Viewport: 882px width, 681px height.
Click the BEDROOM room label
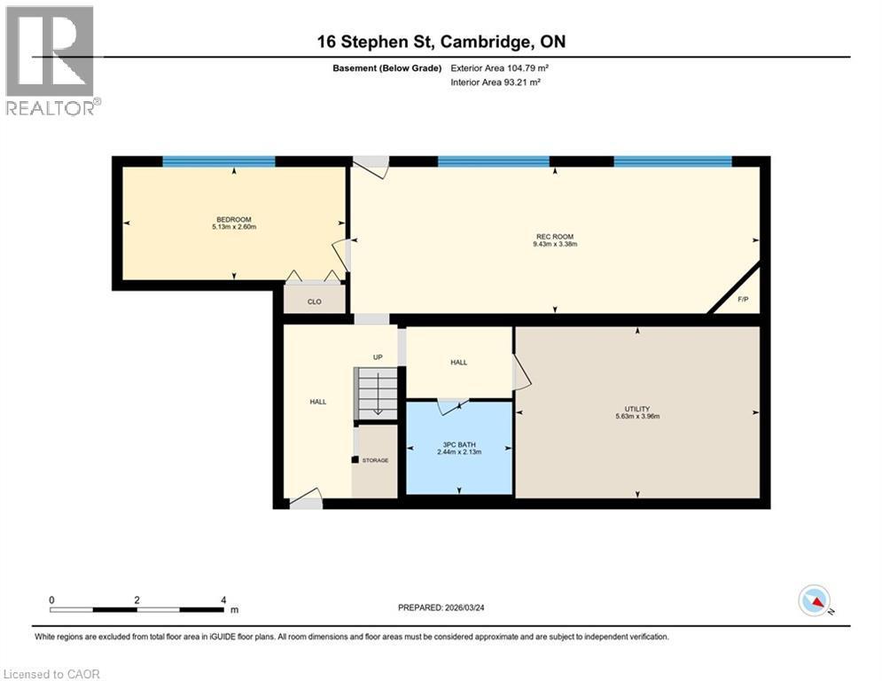234,220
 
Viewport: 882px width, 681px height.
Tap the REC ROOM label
556,236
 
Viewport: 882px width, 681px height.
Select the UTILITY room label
636,409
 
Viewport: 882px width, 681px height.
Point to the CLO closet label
314,302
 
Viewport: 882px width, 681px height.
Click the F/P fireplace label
743,300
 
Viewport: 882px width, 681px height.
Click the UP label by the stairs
377,357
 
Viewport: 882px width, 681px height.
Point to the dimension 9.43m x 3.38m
556,244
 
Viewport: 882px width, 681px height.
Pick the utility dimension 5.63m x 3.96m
636,417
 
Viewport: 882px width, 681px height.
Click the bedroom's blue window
219,161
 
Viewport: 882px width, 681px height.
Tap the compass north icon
814,601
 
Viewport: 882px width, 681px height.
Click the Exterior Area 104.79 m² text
505,67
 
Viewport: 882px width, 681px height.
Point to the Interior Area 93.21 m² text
496,82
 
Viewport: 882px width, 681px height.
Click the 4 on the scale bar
222,600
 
